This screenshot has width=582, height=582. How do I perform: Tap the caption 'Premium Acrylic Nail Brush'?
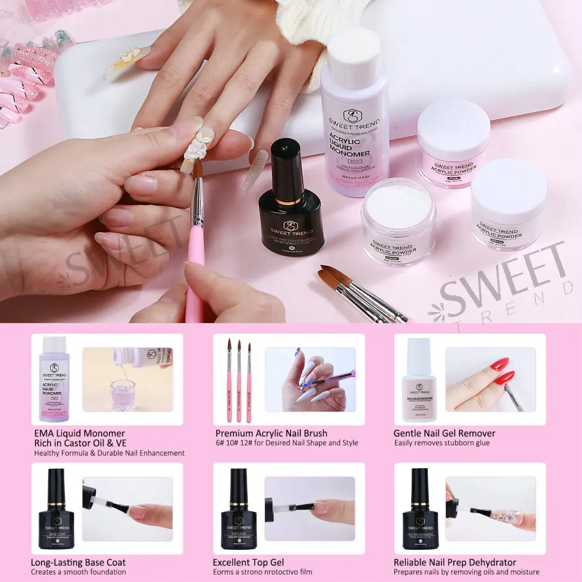tap(271, 433)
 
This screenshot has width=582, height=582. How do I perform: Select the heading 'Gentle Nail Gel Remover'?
tap(444, 433)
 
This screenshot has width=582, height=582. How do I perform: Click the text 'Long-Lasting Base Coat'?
tap(78, 562)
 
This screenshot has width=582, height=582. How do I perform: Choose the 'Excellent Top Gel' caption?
tap(248, 562)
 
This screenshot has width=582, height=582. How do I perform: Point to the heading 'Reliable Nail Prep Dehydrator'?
tap(454, 562)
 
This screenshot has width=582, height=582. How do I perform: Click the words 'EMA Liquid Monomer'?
tap(79, 433)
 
